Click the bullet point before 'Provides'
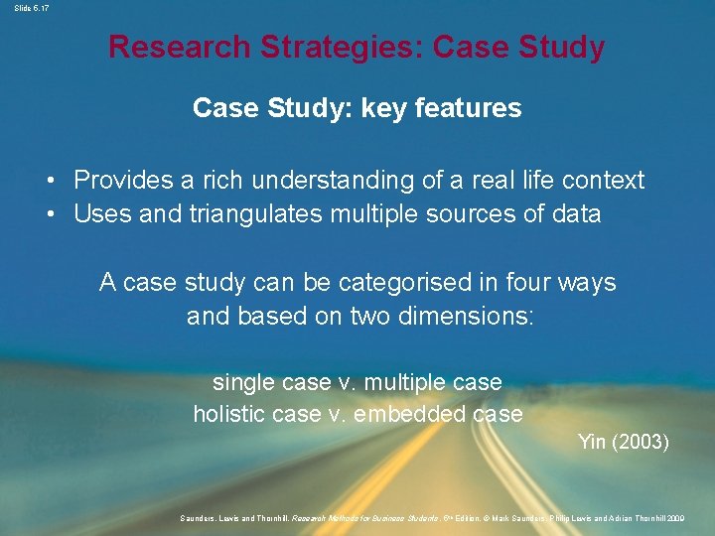tap(49, 181)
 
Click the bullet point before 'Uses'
tap(49, 213)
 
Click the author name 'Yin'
tap(593, 442)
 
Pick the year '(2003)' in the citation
tap(643, 442)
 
